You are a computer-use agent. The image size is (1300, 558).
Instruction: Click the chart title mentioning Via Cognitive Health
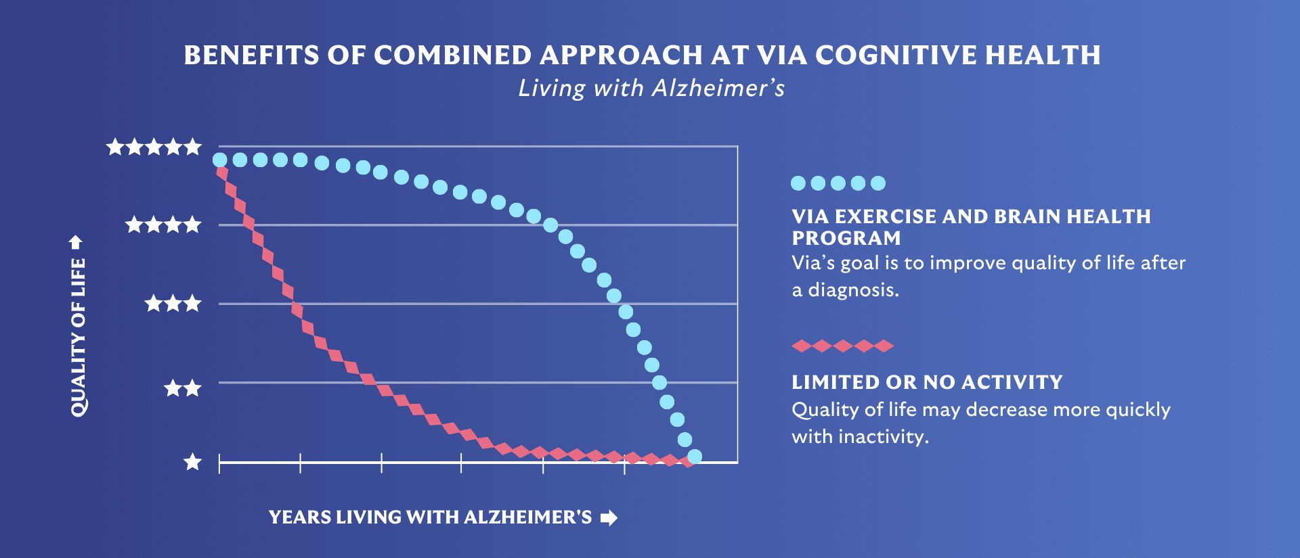point(642,55)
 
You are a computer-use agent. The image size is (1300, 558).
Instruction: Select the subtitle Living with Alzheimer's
point(651,89)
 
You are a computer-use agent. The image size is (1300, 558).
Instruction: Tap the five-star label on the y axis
point(154,146)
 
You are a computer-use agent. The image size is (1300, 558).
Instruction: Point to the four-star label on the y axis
point(164,225)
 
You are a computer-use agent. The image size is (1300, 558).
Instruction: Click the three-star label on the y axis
point(173,303)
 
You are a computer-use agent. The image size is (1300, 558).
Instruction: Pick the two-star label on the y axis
point(183,388)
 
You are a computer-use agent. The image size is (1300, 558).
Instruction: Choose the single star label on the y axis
point(193,462)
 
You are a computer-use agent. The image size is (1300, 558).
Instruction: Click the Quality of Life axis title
point(79,338)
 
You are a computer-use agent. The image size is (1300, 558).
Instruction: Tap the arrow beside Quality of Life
point(76,242)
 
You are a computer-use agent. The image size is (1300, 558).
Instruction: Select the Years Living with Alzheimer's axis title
point(430,517)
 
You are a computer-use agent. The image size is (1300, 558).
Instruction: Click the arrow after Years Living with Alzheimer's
point(609,518)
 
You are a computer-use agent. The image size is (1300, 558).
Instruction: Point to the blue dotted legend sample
point(838,183)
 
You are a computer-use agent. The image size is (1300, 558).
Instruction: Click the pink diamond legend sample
point(842,346)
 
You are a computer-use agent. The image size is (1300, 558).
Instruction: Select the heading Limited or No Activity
point(927,382)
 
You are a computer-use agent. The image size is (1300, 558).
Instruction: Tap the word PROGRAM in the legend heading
point(846,238)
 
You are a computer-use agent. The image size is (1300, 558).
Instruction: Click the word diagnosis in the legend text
point(853,290)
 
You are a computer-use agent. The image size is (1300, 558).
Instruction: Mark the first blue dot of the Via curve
point(220,160)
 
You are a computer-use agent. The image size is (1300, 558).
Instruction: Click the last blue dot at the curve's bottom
point(695,457)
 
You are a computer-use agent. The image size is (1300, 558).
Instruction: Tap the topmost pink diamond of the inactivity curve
point(222,172)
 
